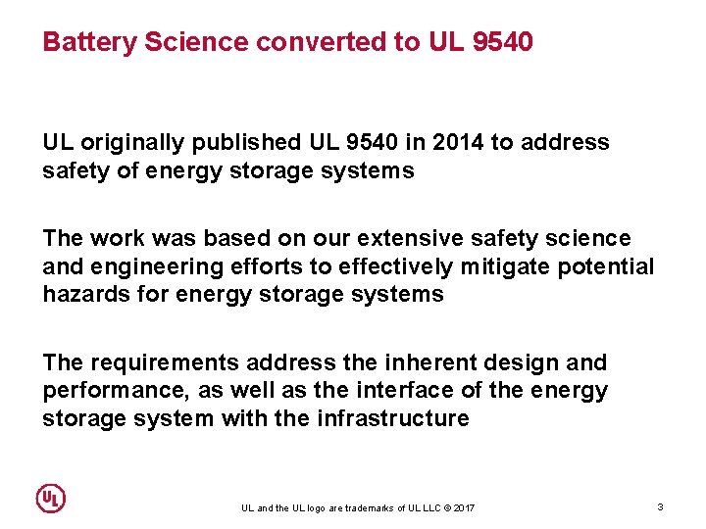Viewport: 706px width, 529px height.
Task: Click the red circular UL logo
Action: (x=50, y=498)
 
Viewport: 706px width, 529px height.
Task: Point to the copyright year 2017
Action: (x=464, y=507)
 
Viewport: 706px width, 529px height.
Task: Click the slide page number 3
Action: (x=660, y=506)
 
